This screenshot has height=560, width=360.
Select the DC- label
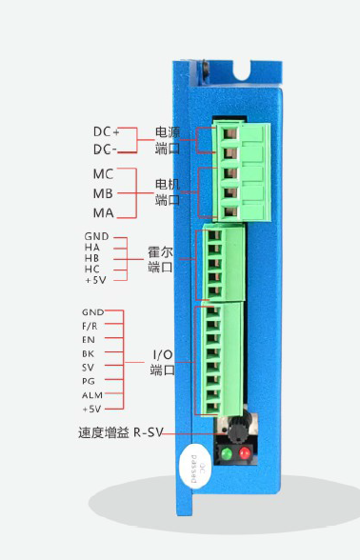106,150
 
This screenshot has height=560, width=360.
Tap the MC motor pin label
103,175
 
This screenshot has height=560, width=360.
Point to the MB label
103,193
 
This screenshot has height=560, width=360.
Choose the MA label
103,212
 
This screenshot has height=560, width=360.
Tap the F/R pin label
90,326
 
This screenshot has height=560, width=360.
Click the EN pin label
90,339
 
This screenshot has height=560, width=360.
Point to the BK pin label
90,352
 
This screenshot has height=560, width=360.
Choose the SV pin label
90,367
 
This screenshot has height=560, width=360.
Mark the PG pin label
90,380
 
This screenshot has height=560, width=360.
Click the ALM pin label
91,394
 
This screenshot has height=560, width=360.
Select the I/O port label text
163,362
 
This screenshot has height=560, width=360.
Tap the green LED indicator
227,453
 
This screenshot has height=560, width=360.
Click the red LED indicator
246,453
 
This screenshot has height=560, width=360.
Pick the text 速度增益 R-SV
121,432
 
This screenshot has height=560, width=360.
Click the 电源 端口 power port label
168,140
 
